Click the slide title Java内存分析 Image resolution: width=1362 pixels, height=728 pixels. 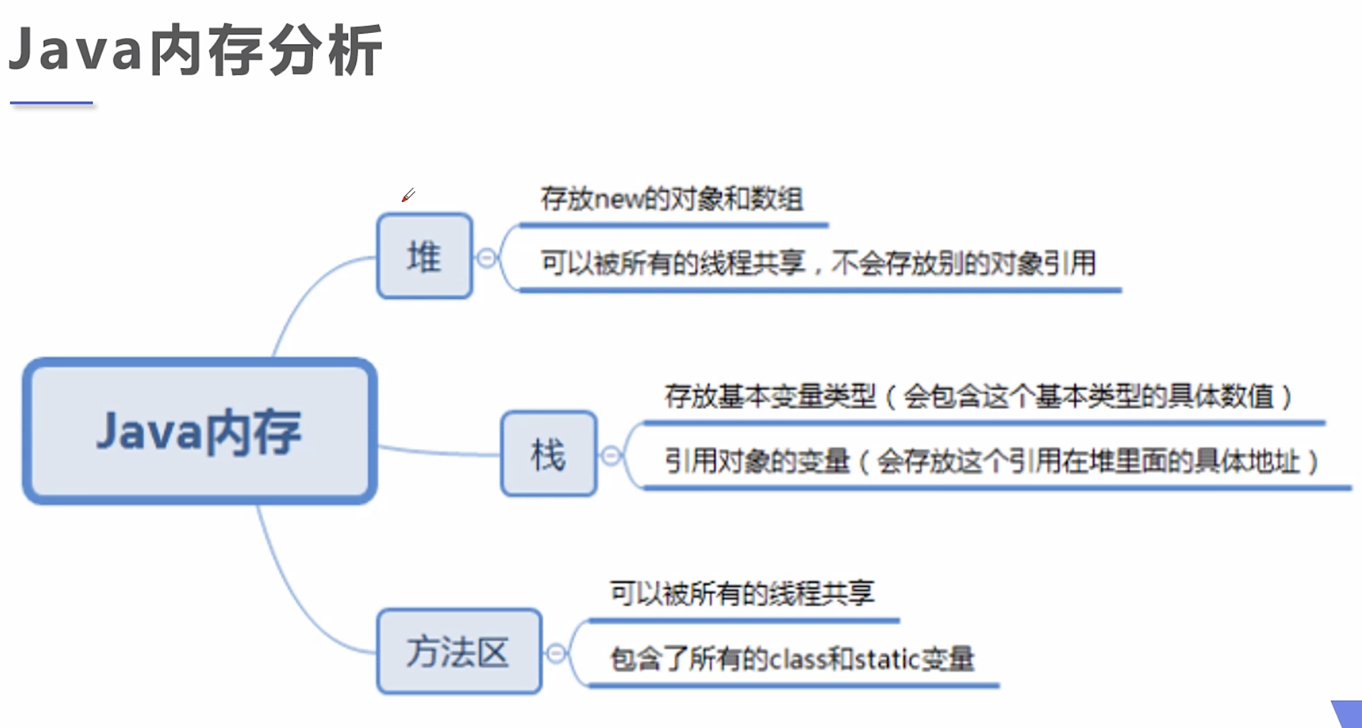(195, 50)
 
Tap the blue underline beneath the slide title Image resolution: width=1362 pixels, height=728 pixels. (52, 103)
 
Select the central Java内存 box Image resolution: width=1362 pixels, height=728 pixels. (200, 431)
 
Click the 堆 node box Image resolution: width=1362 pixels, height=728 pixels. (424, 256)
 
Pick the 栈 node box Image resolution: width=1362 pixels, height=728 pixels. (548, 454)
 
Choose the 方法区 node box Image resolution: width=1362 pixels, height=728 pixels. (459, 651)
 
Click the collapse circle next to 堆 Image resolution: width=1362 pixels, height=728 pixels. (486, 258)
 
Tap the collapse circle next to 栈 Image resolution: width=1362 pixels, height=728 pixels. (610, 456)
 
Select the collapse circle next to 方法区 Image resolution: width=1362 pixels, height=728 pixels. (556, 653)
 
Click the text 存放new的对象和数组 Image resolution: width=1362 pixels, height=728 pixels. (671, 198)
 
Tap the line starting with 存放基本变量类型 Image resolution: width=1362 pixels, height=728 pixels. (978, 396)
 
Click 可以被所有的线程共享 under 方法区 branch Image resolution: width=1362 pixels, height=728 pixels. (742, 593)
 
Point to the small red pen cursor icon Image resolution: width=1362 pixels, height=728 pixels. (408, 195)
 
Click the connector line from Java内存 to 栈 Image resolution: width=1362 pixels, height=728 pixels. (438, 452)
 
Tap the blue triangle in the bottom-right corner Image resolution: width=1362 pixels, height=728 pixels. (1348, 713)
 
